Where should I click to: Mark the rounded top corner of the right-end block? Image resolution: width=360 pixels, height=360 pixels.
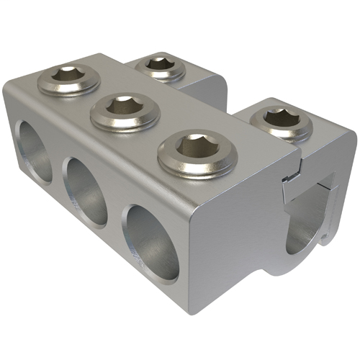[x=344, y=134]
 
